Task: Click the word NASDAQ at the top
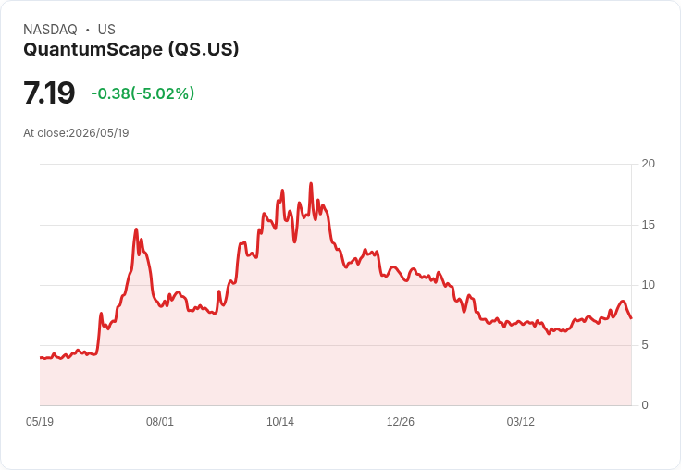(50, 30)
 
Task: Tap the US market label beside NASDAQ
(106, 30)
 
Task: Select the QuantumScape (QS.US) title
(131, 50)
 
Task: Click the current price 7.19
(49, 93)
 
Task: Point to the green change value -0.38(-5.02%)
(142, 93)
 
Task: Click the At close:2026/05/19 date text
(76, 133)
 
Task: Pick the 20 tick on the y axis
(649, 164)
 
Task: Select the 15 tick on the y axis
(649, 225)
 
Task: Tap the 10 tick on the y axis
(649, 285)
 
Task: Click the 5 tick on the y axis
(645, 345)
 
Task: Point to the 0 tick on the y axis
(645, 405)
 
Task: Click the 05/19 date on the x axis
(40, 422)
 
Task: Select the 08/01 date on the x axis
(160, 422)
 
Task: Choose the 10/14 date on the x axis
(280, 422)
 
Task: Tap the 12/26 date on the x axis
(401, 422)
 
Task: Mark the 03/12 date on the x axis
(521, 422)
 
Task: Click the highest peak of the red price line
(311, 184)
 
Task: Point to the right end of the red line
(631, 318)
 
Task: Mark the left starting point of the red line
(41, 357)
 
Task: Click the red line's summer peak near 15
(136, 229)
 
